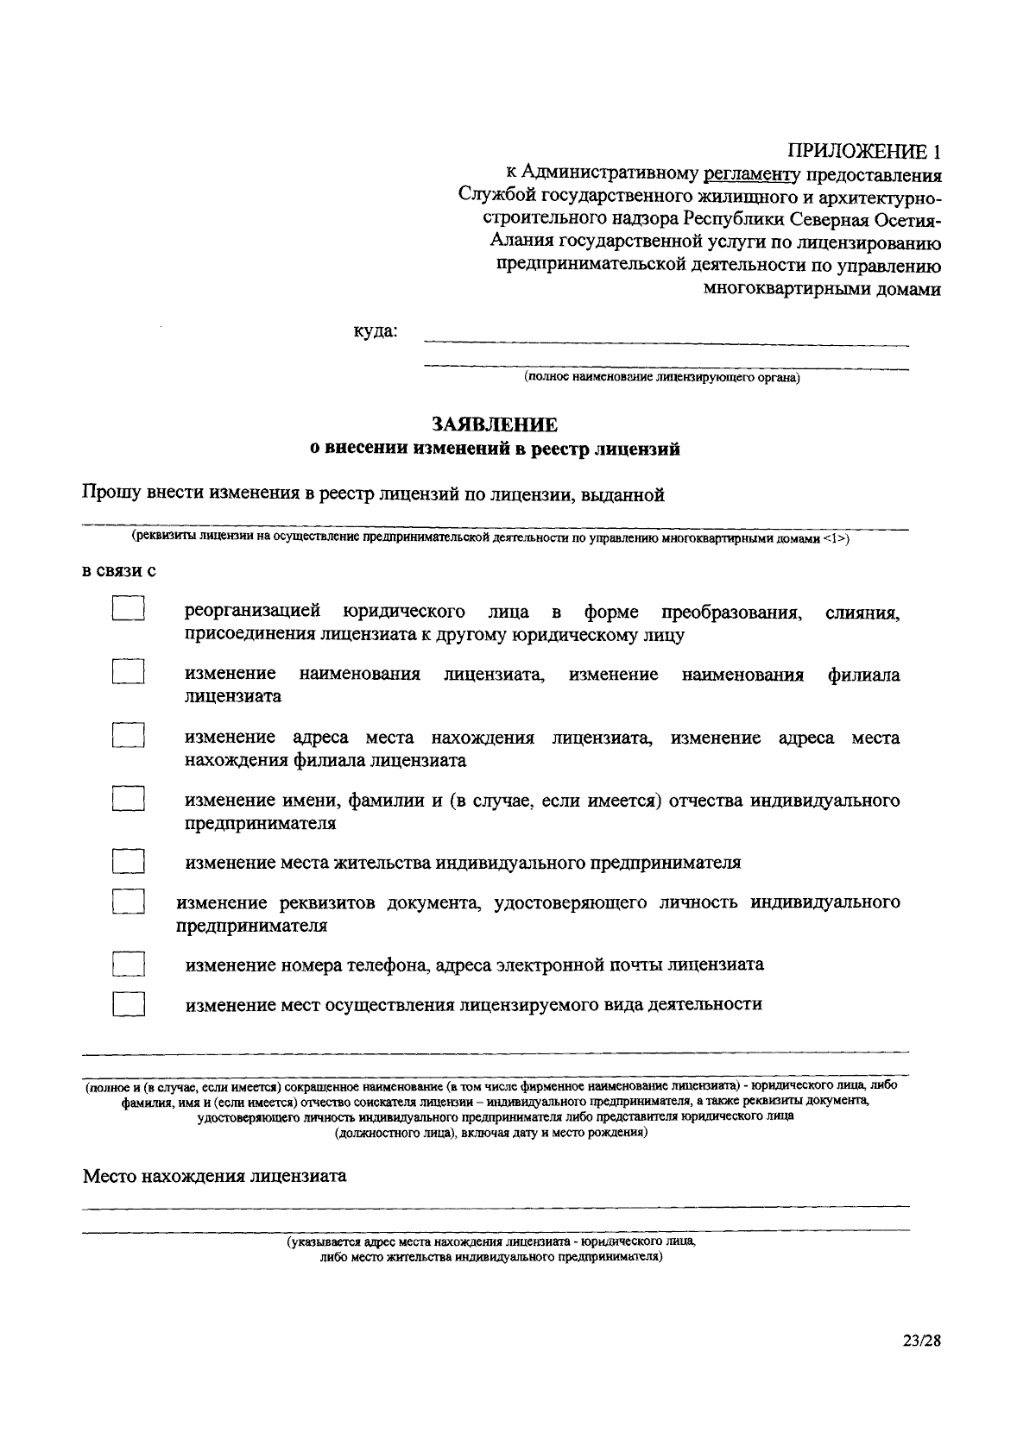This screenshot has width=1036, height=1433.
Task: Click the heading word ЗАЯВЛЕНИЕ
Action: [495, 424]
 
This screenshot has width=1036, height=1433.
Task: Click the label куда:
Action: [376, 331]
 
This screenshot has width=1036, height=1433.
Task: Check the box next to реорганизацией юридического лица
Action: [128, 609]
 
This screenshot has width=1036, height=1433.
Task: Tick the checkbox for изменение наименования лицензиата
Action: [128, 672]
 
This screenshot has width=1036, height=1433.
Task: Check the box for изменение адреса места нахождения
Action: [128, 735]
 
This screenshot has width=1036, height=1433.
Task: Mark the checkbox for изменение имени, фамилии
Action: [128, 798]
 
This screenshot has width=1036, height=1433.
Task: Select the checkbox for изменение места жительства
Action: [128, 861]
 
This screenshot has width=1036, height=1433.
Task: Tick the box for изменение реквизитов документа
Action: [128, 902]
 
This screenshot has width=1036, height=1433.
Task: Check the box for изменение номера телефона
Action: [128, 964]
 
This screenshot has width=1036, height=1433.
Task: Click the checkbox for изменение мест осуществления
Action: [128, 1004]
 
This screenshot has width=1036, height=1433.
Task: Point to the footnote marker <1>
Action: [836, 538]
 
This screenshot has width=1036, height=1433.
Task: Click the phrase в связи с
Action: [118, 571]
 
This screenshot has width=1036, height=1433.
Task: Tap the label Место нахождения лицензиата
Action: [214, 1176]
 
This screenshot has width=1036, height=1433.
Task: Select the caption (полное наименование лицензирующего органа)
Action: [661, 378]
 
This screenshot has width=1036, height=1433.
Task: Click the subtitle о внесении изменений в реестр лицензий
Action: [495, 449]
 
